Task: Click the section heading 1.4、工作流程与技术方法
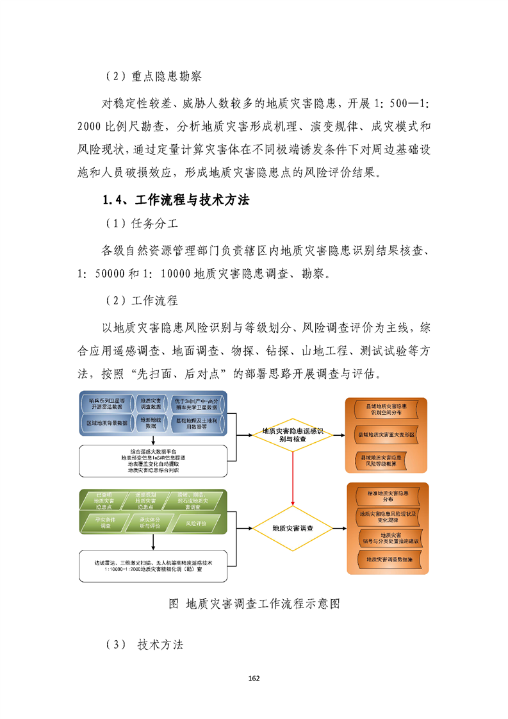[176, 200]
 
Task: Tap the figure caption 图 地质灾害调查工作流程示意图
[253, 604]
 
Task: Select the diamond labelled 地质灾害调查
[292, 529]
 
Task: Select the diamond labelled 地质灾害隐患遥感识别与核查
[292, 435]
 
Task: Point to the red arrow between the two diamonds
[292, 481]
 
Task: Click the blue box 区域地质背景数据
[107, 424]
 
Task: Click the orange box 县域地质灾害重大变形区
[386, 434]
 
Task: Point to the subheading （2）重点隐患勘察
[152, 76]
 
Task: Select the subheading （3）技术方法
[144, 645]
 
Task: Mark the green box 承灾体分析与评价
[151, 523]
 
